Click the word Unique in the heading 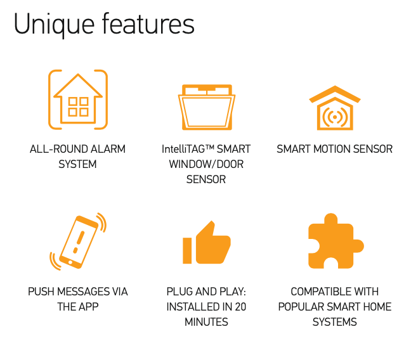click(x=54, y=25)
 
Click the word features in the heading click(x=148, y=23)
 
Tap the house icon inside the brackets click(x=78, y=99)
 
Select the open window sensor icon click(x=207, y=107)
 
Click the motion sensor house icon click(x=335, y=108)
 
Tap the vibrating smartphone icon click(x=78, y=241)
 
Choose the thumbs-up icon click(x=207, y=242)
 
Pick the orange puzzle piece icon click(x=336, y=241)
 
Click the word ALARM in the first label click(x=108, y=149)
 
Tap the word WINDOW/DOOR click(x=206, y=164)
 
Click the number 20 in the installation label click(x=240, y=307)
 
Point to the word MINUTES click(x=206, y=322)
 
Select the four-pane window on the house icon click(x=78, y=106)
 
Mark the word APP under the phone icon click(x=89, y=307)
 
